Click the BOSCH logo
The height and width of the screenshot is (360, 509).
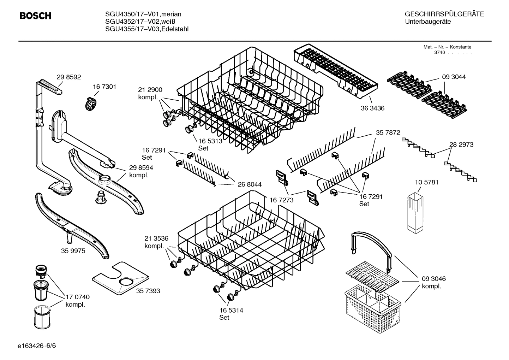pos(35,16)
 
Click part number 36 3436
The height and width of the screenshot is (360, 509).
pos(372,108)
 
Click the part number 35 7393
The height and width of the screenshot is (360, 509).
pos(148,291)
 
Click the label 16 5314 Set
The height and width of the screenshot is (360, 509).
pos(231,314)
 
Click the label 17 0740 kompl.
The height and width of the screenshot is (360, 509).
pos(77,301)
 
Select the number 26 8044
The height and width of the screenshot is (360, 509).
pos(250,184)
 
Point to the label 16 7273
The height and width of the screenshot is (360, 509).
pos(281,200)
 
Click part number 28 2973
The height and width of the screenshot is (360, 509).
pos(461,144)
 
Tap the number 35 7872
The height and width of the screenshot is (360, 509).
pos(388,133)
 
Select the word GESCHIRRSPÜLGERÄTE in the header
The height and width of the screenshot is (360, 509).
pos(444,14)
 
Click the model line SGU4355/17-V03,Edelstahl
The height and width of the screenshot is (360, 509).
pos(147,29)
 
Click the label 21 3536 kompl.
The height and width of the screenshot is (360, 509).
pos(156,242)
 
